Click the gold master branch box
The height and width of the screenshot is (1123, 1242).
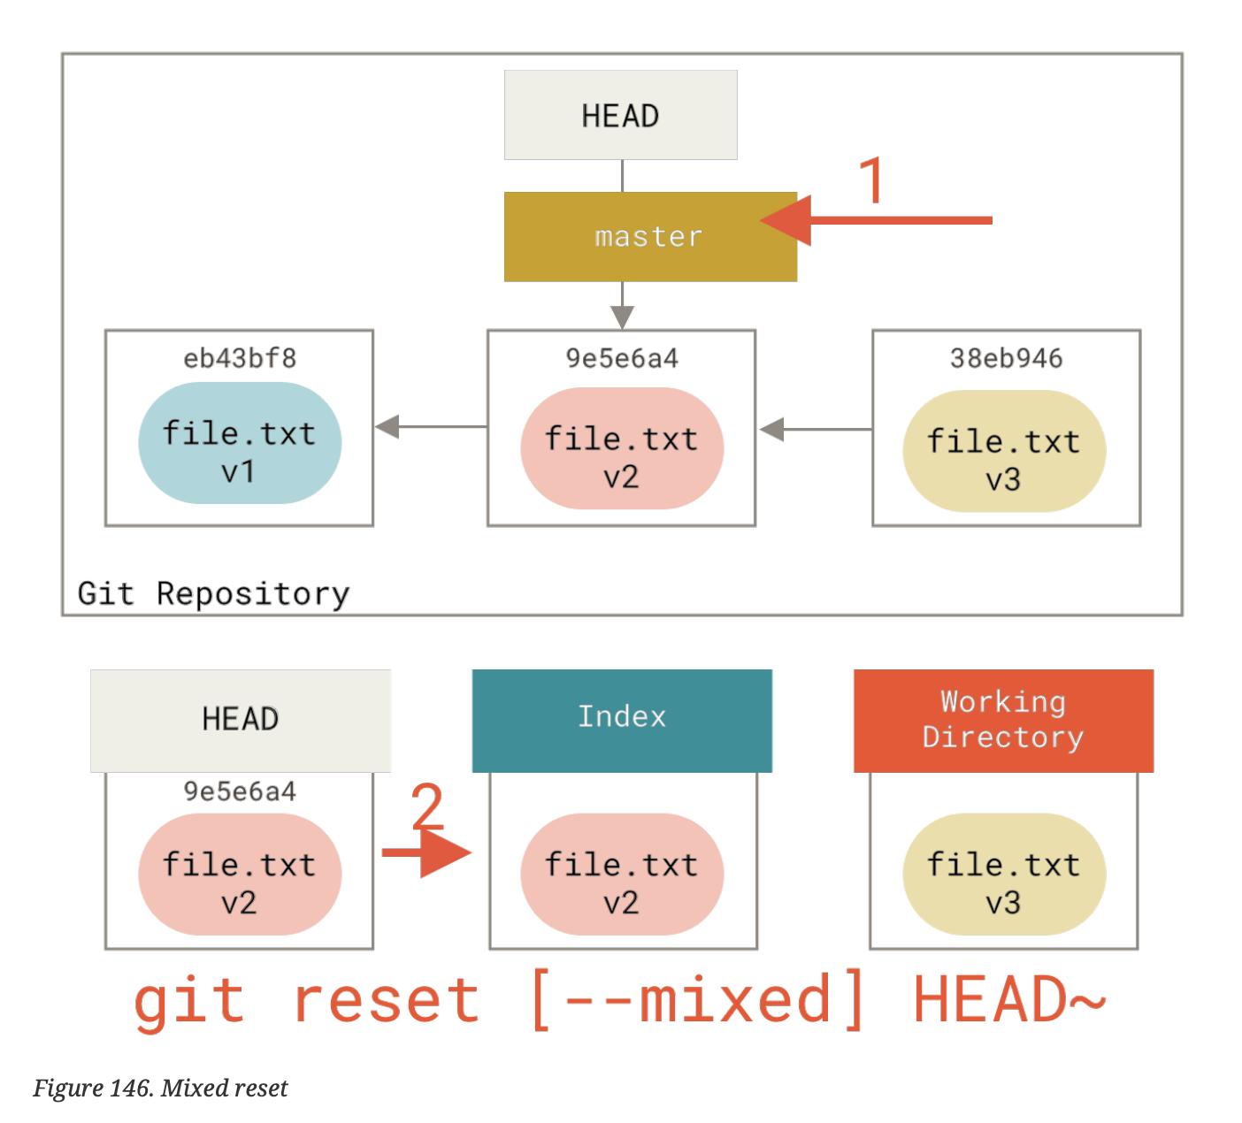tap(649, 237)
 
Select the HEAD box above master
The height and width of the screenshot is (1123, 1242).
tap(620, 115)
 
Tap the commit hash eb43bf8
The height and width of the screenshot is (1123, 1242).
tap(239, 358)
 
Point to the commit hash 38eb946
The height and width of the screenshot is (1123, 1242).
tap(1006, 358)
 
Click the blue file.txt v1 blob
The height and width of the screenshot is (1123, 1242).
tap(239, 443)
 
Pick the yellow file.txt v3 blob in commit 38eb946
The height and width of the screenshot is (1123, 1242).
tap(1004, 452)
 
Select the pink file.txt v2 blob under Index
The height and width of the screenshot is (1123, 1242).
tap(622, 875)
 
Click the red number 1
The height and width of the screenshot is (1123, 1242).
tap(872, 180)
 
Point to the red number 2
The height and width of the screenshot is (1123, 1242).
tap(427, 806)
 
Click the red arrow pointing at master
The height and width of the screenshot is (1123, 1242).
tap(876, 220)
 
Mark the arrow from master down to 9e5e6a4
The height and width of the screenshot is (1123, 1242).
tap(622, 306)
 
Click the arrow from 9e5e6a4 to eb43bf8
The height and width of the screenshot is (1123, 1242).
tap(430, 426)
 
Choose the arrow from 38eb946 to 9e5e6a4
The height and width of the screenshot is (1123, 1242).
tap(814, 430)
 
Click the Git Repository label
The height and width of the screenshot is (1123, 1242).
tap(213, 593)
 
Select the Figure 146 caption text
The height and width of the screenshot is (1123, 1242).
tap(160, 1088)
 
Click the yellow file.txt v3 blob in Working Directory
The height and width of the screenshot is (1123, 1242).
tap(1004, 875)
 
